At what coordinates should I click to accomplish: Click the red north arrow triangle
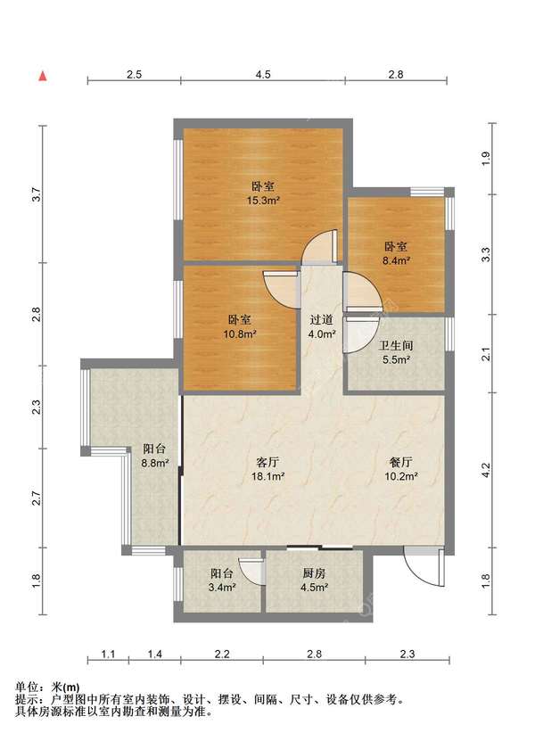click(43, 76)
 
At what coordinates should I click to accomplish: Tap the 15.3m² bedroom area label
click(263, 193)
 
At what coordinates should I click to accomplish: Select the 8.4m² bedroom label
click(396, 253)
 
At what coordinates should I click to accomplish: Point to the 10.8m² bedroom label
click(240, 327)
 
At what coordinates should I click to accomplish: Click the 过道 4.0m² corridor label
click(322, 326)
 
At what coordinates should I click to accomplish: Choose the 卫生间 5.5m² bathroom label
click(396, 352)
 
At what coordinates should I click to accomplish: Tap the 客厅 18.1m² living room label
click(267, 469)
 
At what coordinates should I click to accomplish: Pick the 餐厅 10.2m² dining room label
click(400, 469)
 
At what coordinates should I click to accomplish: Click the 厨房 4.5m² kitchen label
click(314, 580)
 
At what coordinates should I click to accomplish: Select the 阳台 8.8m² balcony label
click(154, 456)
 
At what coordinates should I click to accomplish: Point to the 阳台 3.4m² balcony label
click(222, 580)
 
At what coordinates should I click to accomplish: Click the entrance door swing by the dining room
click(424, 566)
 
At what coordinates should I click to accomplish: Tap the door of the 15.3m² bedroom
click(320, 246)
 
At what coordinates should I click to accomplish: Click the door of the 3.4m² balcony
click(251, 572)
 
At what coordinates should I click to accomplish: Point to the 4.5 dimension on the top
click(263, 74)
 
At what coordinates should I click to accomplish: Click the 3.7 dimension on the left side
click(37, 194)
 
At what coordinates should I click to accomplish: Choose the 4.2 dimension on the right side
click(485, 470)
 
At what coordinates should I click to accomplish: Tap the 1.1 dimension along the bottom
click(108, 654)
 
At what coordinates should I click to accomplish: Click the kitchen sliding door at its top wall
click(320, 548)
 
